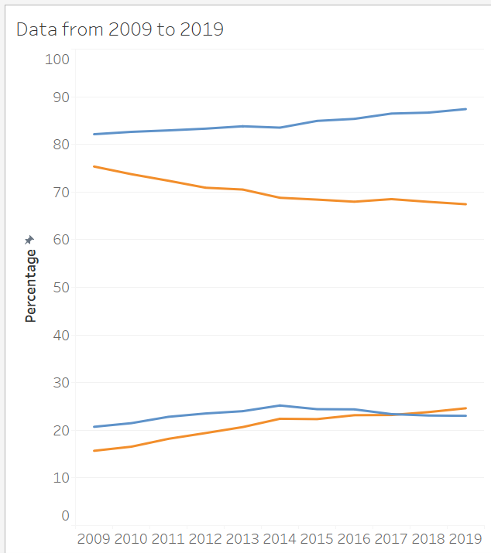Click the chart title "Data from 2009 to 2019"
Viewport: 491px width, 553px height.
(x=119, y=29)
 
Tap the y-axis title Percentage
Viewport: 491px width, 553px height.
(x=31, y=285)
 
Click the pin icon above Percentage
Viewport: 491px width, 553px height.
(x=30, y=241)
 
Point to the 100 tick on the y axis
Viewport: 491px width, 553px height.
(x=57, y=60)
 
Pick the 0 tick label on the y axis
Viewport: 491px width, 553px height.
(x=65, y=516)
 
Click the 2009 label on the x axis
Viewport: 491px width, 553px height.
(x=94, y=538)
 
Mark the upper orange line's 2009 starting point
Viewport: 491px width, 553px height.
(x=94, y=166)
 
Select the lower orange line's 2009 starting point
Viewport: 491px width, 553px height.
(x=94, y=451)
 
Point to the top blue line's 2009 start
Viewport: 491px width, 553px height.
(x=94, y=135)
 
